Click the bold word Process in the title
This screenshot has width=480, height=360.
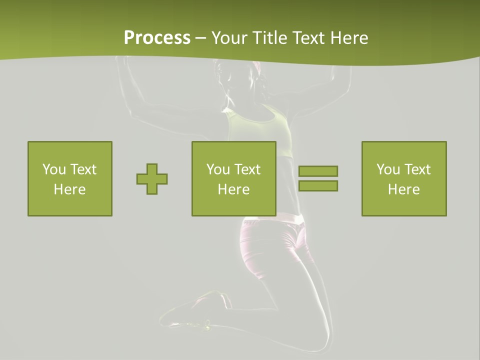click(157, 38)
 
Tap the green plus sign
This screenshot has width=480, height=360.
click(152, 179)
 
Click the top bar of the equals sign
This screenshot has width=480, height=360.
click(318, 171)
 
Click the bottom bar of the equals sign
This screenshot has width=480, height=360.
click(318, 185)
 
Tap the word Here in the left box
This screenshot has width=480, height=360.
click(70, 189)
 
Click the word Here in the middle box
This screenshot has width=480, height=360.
click(234, 189)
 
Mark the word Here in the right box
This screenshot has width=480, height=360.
click(404, 189)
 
